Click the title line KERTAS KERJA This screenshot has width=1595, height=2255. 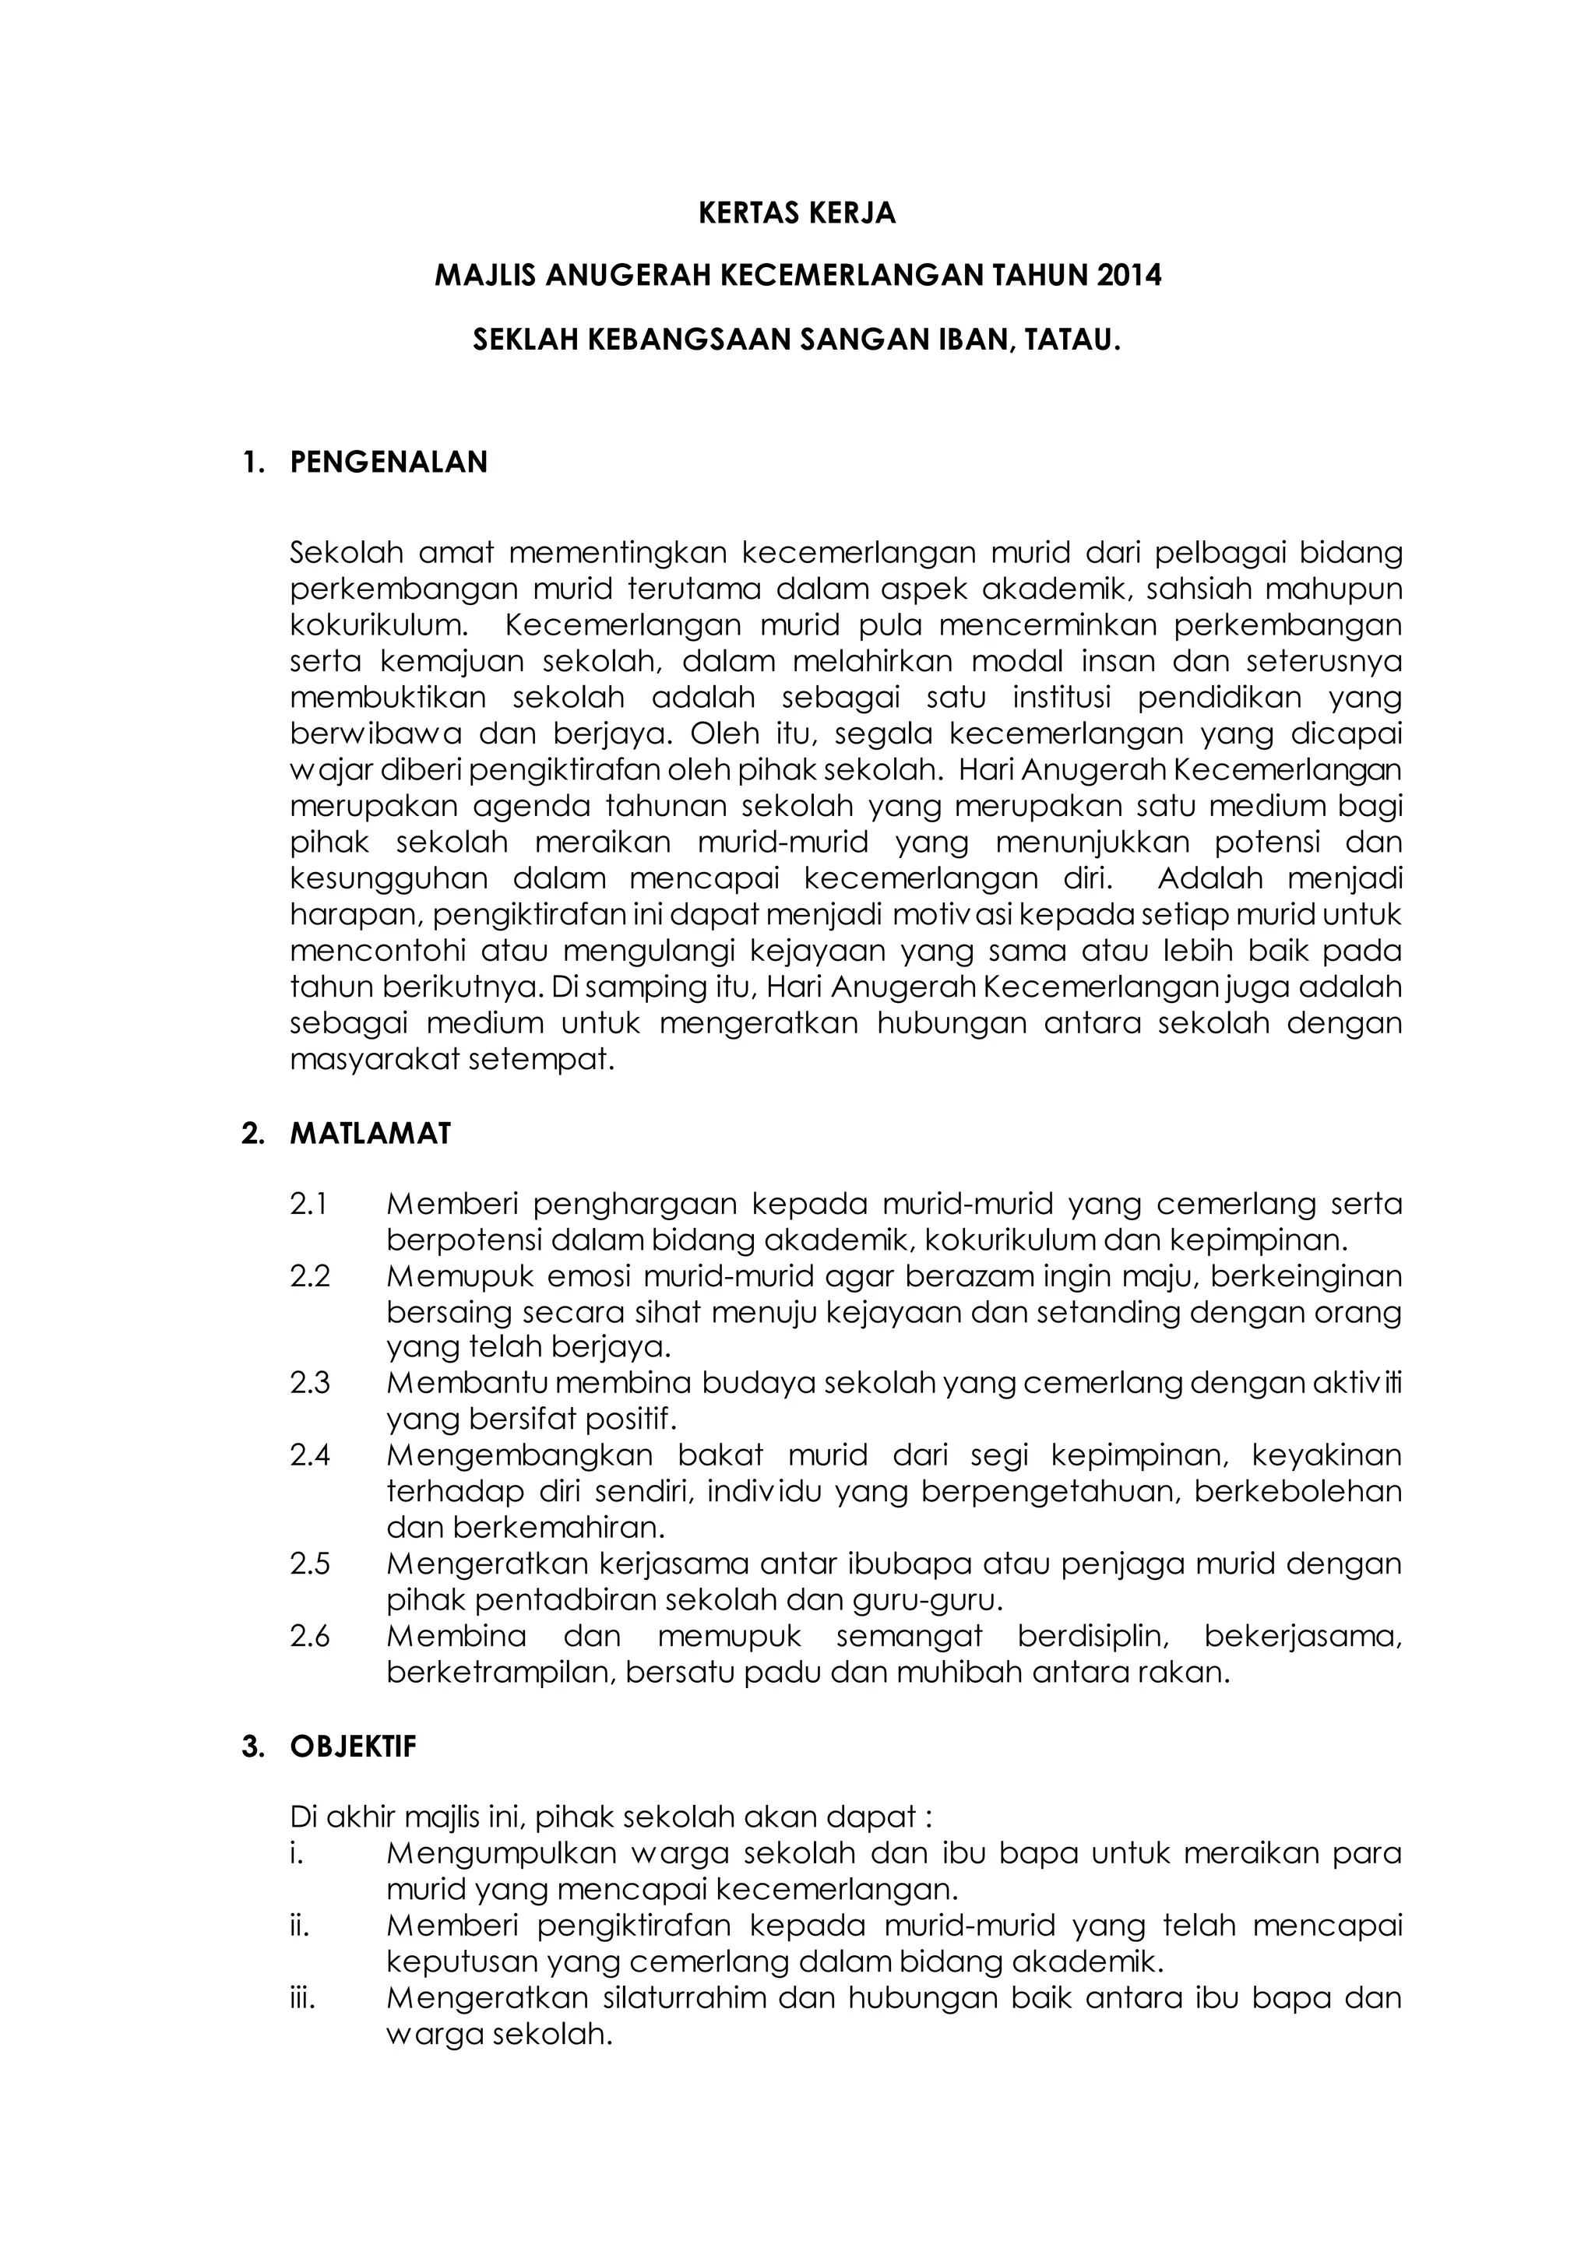coord(797,214)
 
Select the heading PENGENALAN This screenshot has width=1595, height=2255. coord(389,463)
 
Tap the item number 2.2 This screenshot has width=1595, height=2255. coord(311,1277)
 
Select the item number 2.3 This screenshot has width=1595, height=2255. coord(311,1383)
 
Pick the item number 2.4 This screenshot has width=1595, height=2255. coord(311,1455)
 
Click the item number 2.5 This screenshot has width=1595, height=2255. coord(311,1563)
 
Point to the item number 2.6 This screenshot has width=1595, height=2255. coord(311,1636)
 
